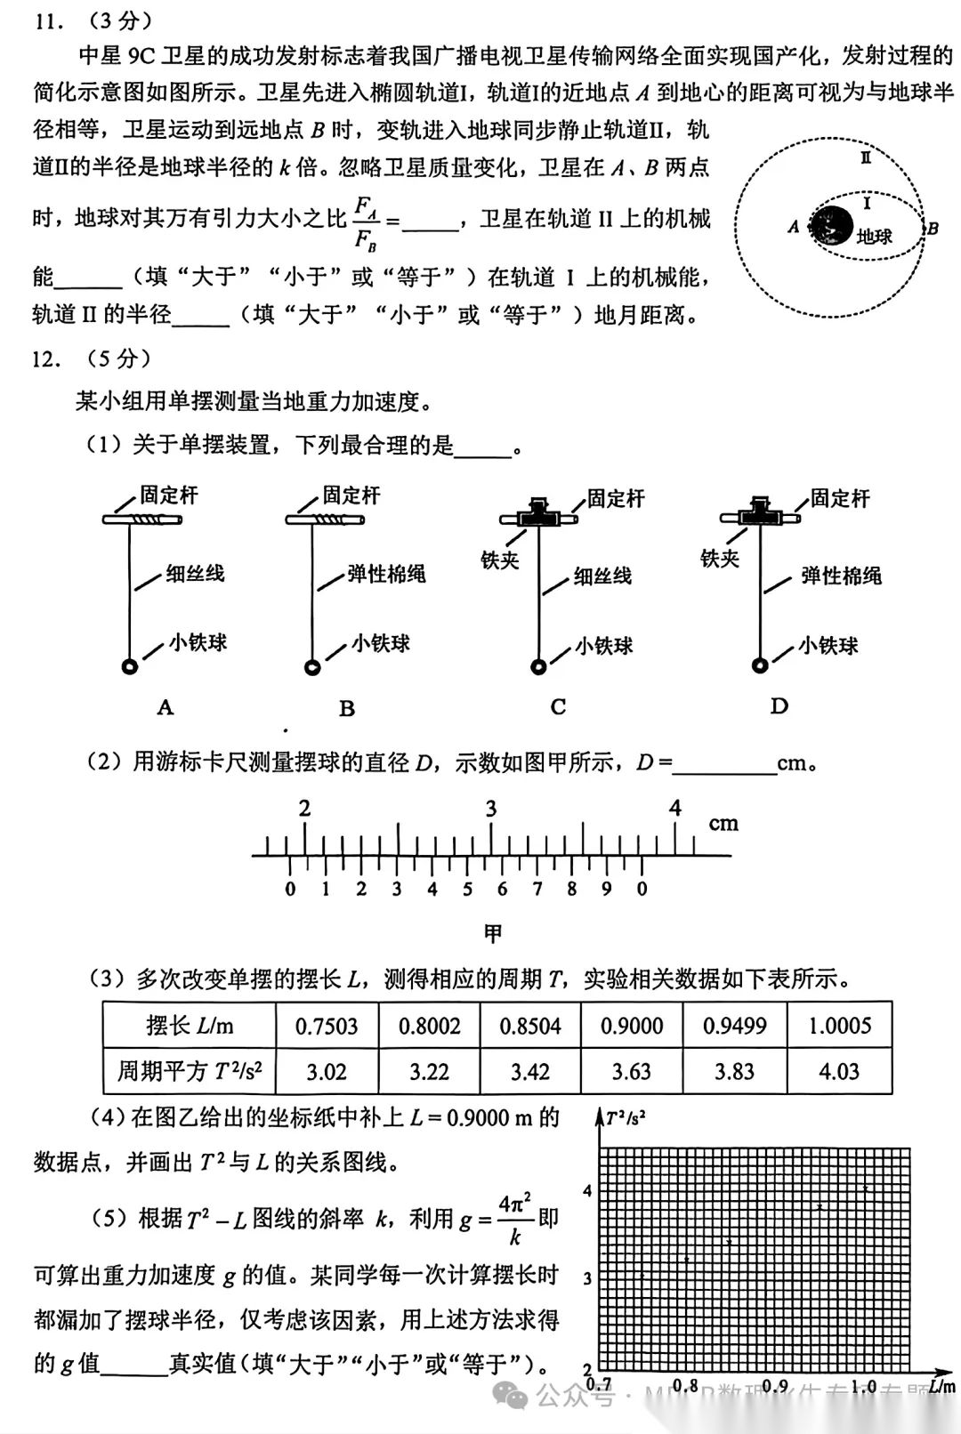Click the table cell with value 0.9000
(x=632, y=1026)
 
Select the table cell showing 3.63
(x=632, y=1072)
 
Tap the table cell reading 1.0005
(x=839, y=1026)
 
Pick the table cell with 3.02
(x=327, y=1072)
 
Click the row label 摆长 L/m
(x=190, y=1026)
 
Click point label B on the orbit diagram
(x=933, y=229)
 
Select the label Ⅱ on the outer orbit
(x=865, y=157)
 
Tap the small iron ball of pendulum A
(x=130, y=666)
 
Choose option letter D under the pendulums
(x=779, y=706)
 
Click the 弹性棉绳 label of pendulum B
(x=386, y=574)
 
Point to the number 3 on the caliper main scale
(x=490, y=809)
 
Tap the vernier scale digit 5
(x=467, y=889)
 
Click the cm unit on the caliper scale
(x=723, y=824)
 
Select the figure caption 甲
(x=493, y=933)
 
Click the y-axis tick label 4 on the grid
(x=587, y=1191)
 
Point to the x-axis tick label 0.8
(x=685, y=1385)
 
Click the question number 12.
(x=46, y=359)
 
